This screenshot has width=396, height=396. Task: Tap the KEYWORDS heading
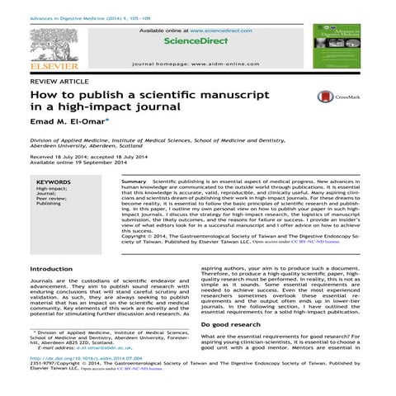pos(54,181)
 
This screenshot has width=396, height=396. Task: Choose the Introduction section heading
pos(50,269)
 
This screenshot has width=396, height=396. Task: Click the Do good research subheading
pos(234,326)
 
